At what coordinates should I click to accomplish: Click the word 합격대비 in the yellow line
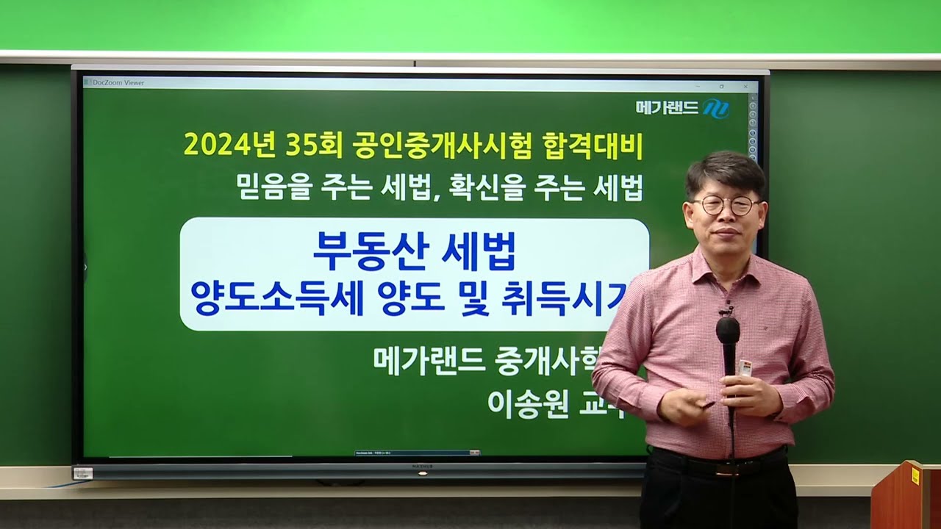click(601, 145)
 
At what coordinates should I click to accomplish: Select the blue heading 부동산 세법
click(414, 251)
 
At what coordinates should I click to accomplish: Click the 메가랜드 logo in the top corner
click(682, 108)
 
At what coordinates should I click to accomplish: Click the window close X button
click(745, 86)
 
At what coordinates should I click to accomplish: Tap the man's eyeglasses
click(725, 205)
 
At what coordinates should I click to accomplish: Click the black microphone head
click(728, 331)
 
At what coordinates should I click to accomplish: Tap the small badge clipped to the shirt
click(745, 368)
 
